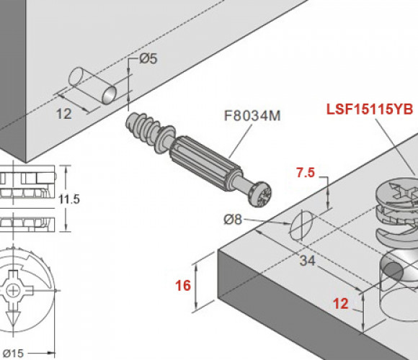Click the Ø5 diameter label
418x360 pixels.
point(148,59)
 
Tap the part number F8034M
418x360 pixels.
point(252,116)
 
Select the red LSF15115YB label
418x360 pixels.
point(370,109)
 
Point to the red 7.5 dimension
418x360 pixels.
point(306,173)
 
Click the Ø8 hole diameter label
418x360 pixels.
point(233,220)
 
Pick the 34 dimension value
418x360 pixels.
point(307,261)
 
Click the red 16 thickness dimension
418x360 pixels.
point(183,285)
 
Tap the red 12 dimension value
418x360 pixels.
point(341,304)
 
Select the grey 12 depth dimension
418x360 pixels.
point(64,114)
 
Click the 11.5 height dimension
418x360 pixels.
point(69,199)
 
